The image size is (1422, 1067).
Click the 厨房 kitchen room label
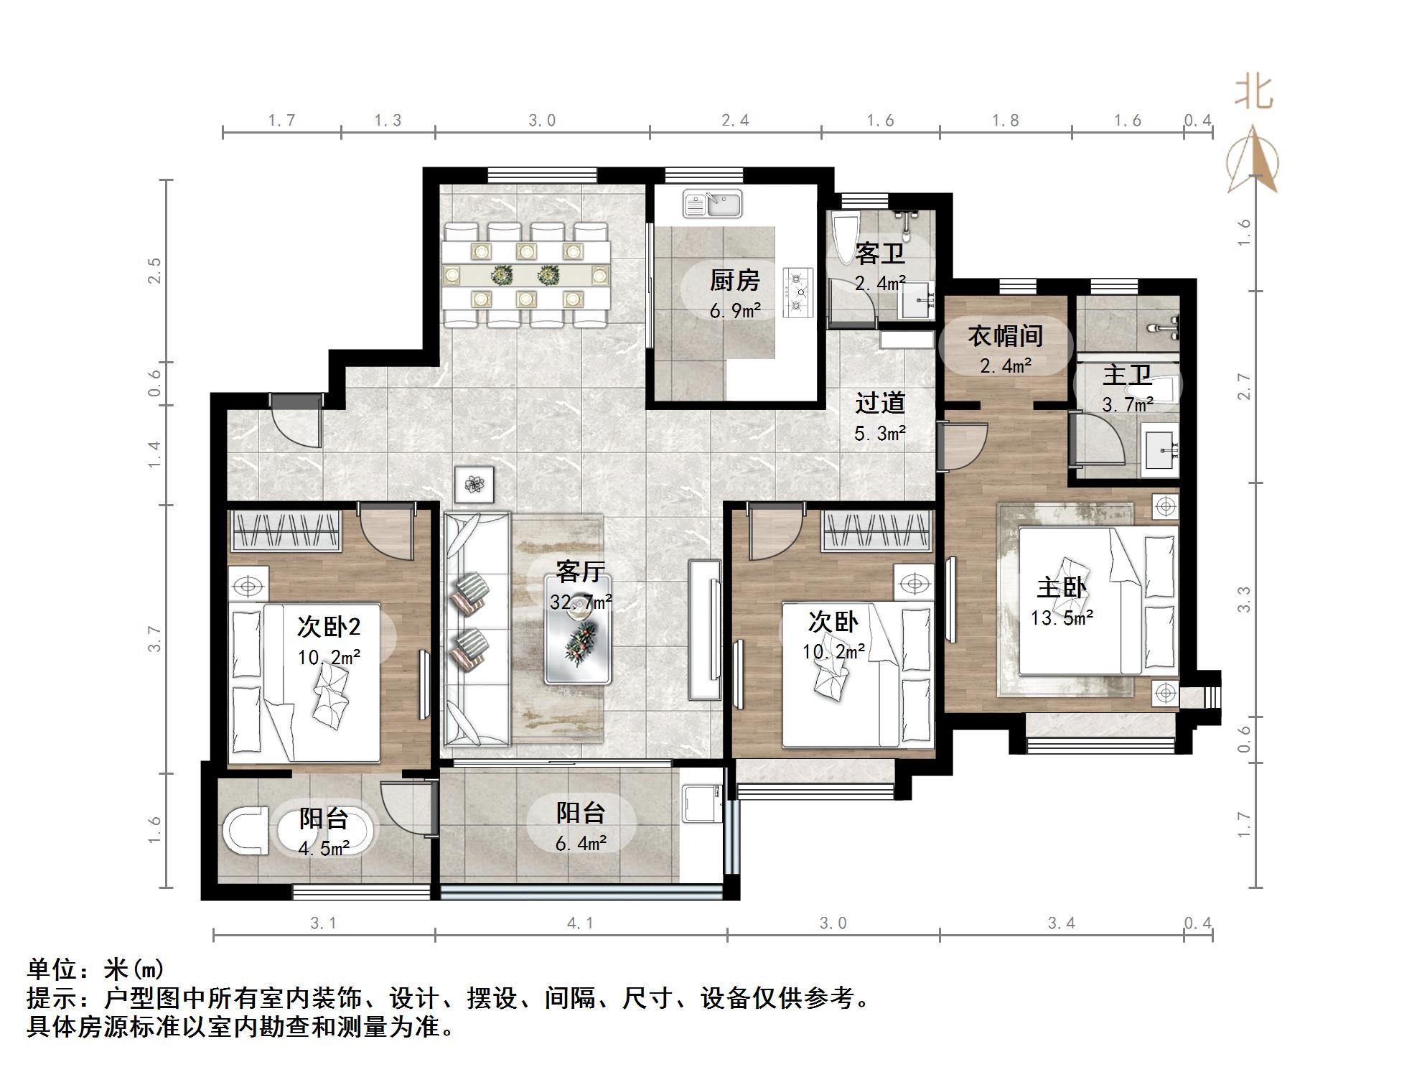pos(734,280)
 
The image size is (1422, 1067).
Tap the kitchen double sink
pos(713,203)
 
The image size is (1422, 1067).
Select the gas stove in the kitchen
pos(799,292)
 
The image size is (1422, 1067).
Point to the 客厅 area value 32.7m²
pos(581,602)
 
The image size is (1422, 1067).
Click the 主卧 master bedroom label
pos(1062,587)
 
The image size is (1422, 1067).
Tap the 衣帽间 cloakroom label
pos(1005,335)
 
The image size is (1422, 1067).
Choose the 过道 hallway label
pos(880,403)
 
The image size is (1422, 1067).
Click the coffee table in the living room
pos(577,638)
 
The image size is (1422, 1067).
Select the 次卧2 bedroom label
pos(329,627)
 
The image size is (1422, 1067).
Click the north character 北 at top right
pos(1253,93)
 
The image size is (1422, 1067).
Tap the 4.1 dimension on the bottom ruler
pos(580,923)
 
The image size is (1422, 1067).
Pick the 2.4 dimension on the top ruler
pos(735,121)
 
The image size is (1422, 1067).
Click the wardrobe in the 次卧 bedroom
pos(877,531)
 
